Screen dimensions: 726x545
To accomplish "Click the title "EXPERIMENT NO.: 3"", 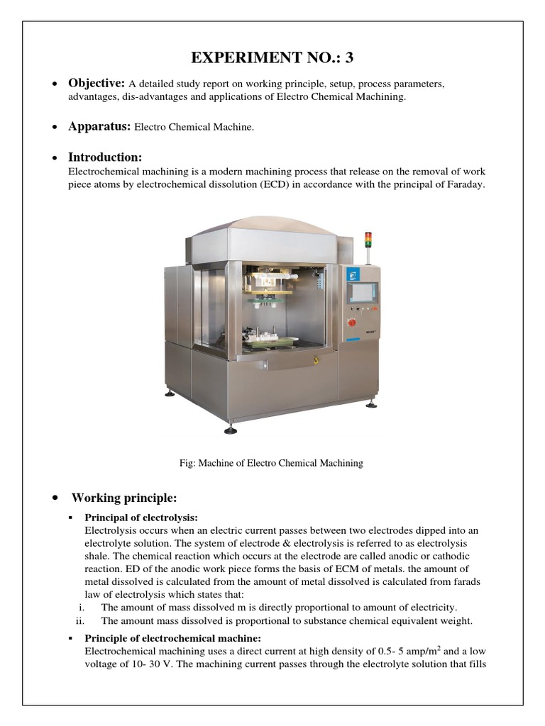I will pyautogui.click(x=272, y=58).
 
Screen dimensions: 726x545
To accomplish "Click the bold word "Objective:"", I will pyautogui.click(x=97, y=84).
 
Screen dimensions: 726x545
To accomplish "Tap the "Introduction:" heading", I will pyautogui.click(x=105, y=157).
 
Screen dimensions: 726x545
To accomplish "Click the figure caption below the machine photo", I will pyautogui.click(x=272, y=463).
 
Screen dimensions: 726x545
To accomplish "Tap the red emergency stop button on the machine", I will pyautogui.click(x=351, y=323).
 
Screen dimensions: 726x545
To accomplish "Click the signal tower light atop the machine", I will pyautogui.click(x=368, y=240).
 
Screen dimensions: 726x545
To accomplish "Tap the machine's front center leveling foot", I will pyautogui.click(x=231, y=429).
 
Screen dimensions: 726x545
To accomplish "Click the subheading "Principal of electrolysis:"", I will pyautogui.click(x=141, y=518).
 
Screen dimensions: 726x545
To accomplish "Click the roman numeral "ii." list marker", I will pyautogui.click(x=80, y=621).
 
